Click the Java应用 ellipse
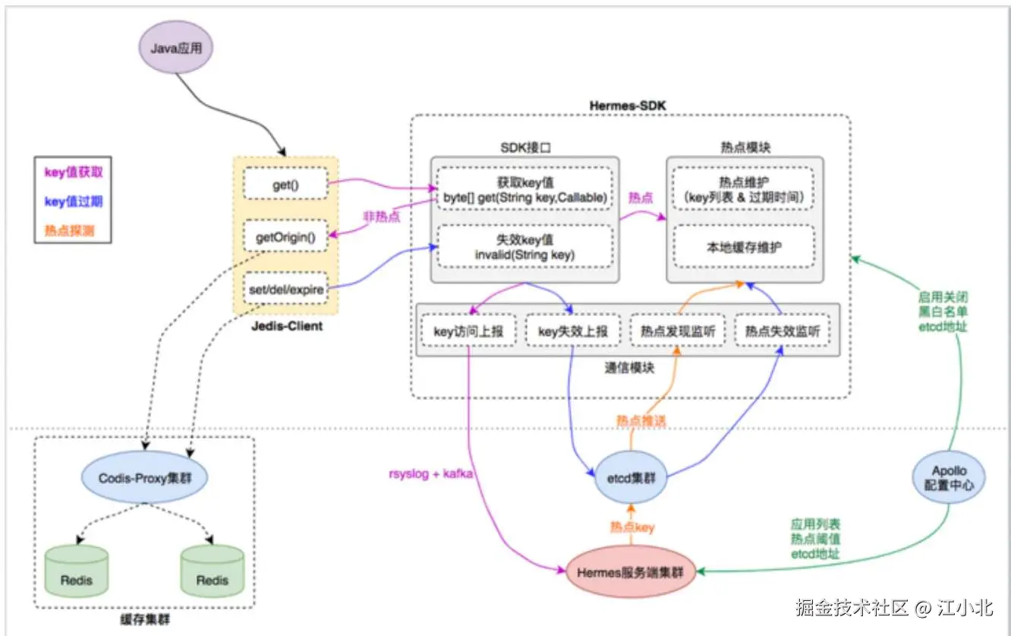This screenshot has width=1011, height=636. click(x=175, y=47)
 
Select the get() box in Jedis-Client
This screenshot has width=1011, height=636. click(x=285, y=185)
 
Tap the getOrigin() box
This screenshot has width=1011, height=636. click(x=285, y=238)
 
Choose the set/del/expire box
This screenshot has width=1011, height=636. click(x=285, y=290)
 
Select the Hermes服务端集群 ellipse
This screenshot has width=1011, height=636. click(x=631, y=572)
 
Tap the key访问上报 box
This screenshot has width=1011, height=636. click(x=468, y=331)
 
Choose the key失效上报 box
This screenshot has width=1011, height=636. click(x=572, y=331)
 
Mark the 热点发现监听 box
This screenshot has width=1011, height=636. click(x=678, y=331)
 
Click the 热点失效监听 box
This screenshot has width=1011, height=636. click(x=783, y=331)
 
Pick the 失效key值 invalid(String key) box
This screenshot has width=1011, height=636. click(x=524, y=247)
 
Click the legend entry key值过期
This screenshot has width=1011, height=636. click(x=73, y=201)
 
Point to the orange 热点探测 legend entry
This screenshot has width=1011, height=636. click(x=69, y=230)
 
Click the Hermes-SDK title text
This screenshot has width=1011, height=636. click(x=627, y=105)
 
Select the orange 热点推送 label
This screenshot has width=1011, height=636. click(x=638, y=419)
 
